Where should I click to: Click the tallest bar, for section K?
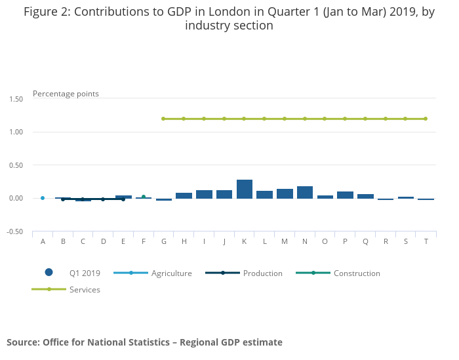click(245, 189)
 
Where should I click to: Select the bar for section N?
click(305, 192)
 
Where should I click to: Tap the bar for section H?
click(184, 195)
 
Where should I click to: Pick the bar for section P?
click(345, 195)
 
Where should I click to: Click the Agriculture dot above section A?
click(43, 198)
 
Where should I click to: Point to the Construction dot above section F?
click(144, 197)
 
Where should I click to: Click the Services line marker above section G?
click(163, 119)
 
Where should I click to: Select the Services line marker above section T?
click(426, 119)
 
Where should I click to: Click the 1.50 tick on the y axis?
click(16, 99)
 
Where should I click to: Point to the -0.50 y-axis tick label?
click(14, 231)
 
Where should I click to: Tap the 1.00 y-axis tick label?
click(16, 132)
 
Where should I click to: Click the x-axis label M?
click(285, 241)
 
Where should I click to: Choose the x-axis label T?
click(426, 241)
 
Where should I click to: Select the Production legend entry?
click(262, 273)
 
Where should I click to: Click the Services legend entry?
click(85, 290)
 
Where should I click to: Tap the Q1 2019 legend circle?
click(49, 273)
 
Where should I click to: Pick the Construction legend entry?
click(357, 273)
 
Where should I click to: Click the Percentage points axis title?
click(66, 94)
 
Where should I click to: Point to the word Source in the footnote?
click(23, 342)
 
